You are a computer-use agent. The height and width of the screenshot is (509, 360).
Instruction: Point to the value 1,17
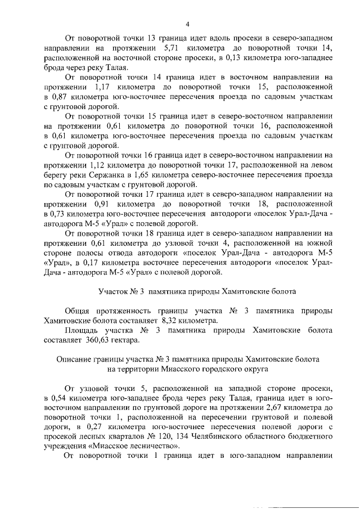point(100,88)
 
